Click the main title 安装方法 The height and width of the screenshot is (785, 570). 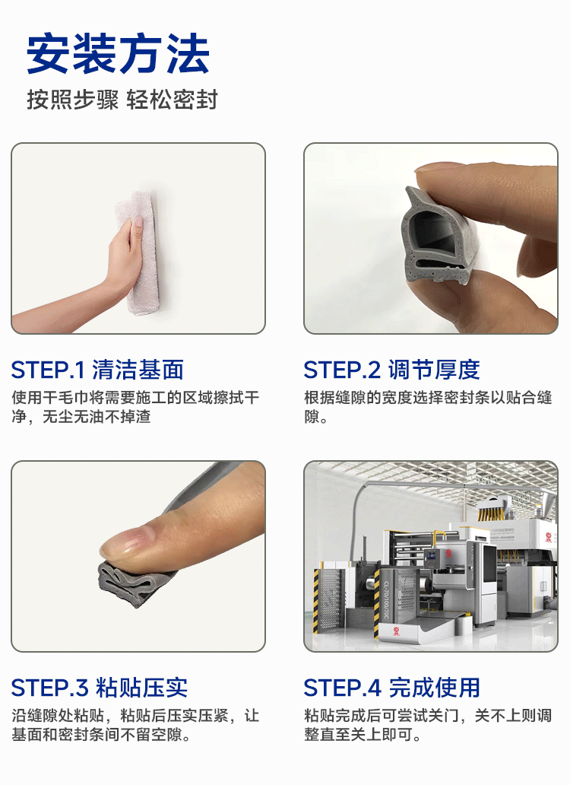coord(118,54)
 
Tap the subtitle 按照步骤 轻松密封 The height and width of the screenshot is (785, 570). coord(122,99)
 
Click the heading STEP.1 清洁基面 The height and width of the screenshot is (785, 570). coord(97,370)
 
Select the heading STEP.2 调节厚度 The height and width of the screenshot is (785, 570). coord(391,370)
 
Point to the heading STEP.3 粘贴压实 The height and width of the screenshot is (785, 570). coord(100,688)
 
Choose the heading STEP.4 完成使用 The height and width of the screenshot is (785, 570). coord(391,688)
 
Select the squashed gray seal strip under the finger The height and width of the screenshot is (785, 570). coord(135,583)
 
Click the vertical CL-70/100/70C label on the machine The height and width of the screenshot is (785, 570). coord(387,600)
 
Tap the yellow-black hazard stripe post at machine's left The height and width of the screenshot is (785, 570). coord(316,601)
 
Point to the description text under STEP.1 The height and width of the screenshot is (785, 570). coord(135,407)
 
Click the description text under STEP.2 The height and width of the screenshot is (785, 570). coord(428,407)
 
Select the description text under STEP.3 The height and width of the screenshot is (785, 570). coord(135,725)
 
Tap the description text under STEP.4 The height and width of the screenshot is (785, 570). coord(428,725)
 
